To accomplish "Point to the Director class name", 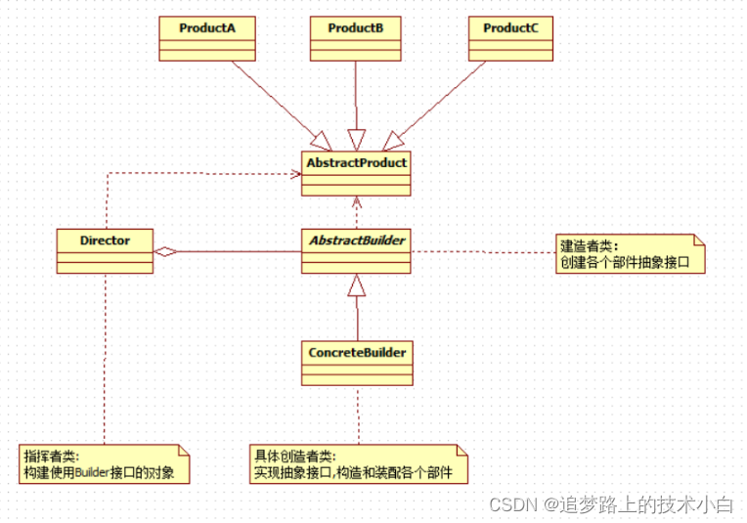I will (105, 239).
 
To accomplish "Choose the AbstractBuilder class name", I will (356, 239).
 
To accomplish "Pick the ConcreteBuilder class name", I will (356, 350).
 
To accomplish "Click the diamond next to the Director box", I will (166, 251).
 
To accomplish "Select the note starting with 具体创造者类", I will (358, 464).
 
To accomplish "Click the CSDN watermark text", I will (610, 504).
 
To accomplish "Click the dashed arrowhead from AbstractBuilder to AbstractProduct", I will (357, 202).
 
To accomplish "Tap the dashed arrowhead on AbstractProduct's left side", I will (294, 174).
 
